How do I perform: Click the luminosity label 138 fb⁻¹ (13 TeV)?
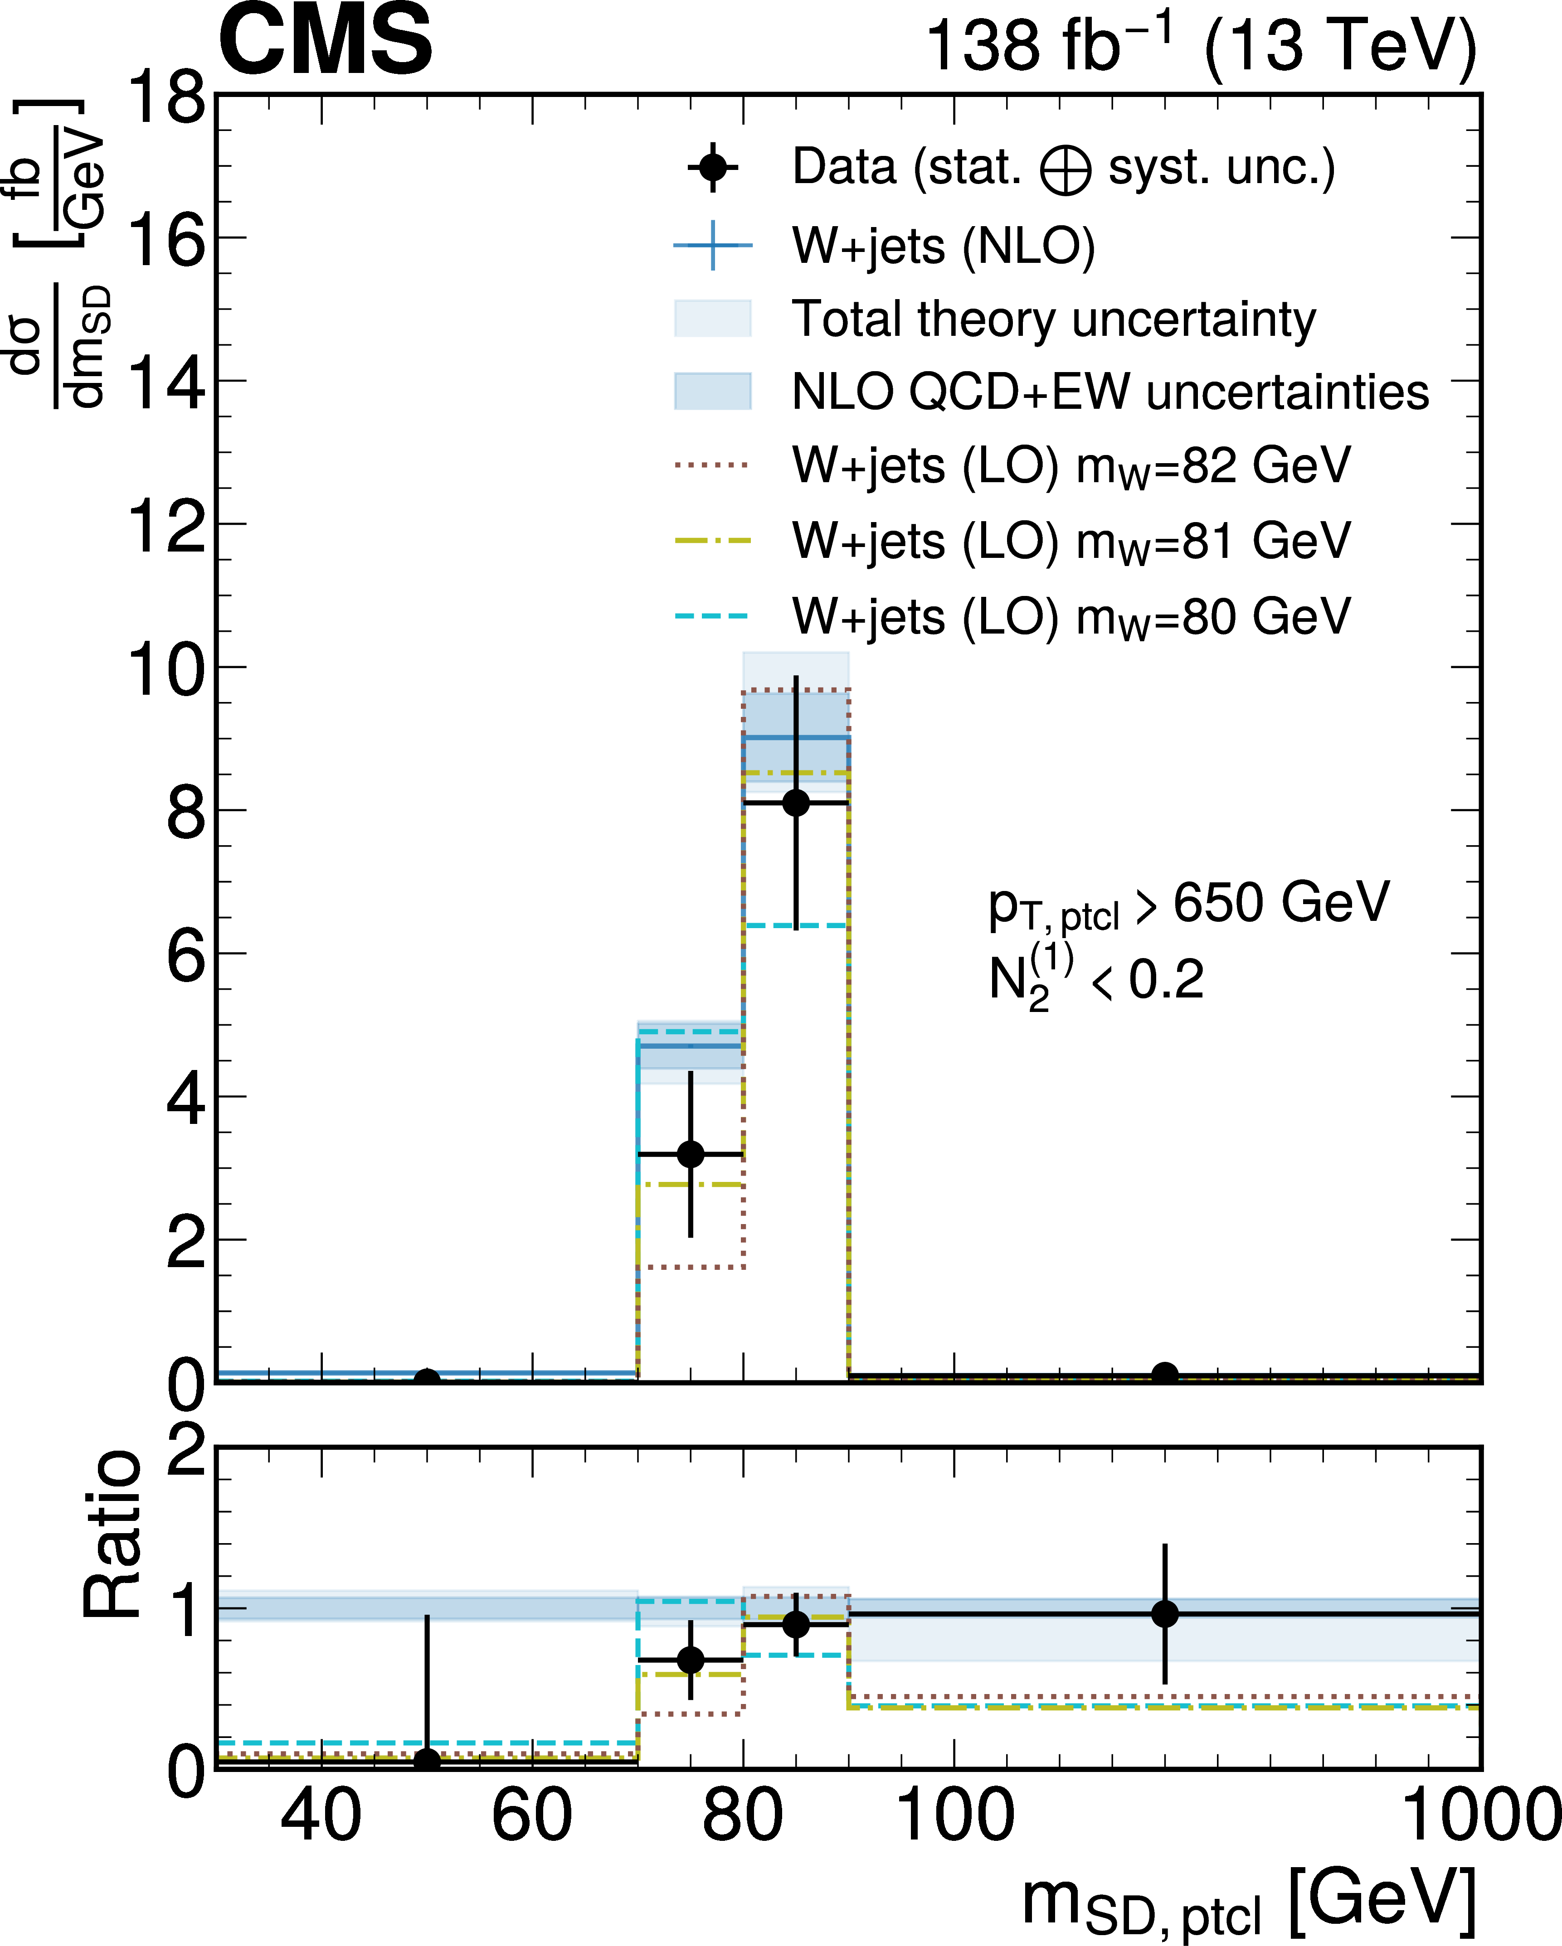click(x=1201, y=45)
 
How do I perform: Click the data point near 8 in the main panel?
click(x=795, y=803)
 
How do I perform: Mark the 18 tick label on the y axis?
click(x=167, y=97)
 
